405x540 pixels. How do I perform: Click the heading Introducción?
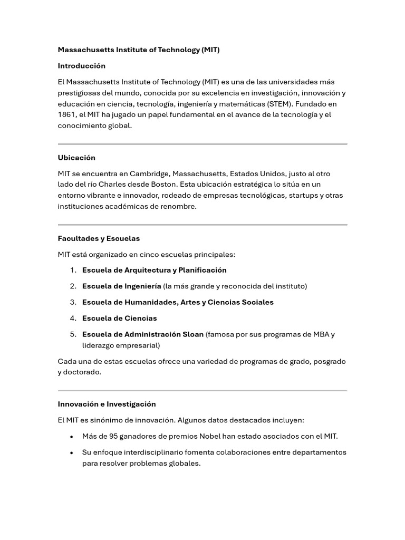(x=81, y=66)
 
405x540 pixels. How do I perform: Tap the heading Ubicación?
(x=76, y=158)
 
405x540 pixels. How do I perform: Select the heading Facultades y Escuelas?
(x=99, y=238)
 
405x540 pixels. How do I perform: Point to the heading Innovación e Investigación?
(x=107, y=404)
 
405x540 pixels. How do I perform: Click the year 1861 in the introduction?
(x=67, y=115)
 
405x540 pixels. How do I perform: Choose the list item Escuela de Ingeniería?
(x=121, y=286)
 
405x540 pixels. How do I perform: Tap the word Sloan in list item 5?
(x=192, y=334)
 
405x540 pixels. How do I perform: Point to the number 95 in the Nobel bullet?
(x=114, y=436)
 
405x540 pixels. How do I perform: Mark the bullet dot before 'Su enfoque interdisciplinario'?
(x=72, y=453)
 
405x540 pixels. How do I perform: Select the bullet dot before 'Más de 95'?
(x=72, y=437)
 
